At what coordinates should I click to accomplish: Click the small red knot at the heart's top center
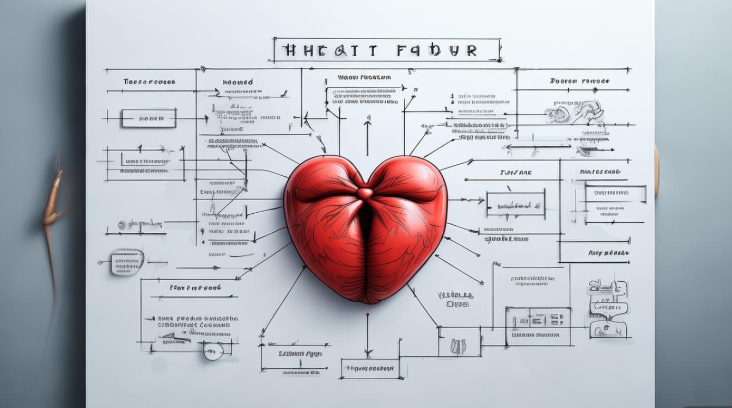(x=365, y=193)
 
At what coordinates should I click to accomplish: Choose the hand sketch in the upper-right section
(x=576, y=112)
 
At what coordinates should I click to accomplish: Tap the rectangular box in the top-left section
(x=149, y=118)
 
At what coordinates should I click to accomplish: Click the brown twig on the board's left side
(x=53, y=212)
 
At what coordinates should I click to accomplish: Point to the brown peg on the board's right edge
(x=657, y=171)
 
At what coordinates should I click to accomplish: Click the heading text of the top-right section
(x=579, y=81)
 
